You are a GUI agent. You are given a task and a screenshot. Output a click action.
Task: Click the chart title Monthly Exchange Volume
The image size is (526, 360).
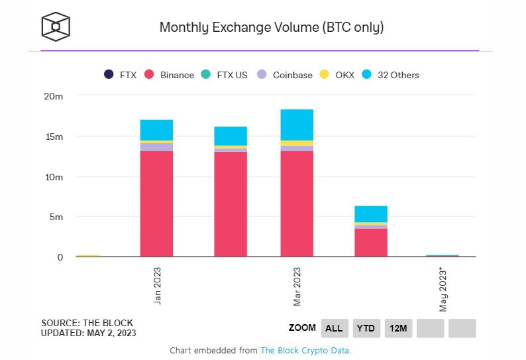click(x=272, y=28)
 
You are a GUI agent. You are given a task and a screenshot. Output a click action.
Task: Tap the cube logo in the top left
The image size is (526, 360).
click(x=56, y=27)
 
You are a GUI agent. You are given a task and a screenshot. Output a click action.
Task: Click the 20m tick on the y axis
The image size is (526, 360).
click(x=54, y=96)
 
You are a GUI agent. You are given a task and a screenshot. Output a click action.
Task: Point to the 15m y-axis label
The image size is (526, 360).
click(x=54, y=137)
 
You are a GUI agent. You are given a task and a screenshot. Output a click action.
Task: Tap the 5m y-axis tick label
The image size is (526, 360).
click(x=56, y=217)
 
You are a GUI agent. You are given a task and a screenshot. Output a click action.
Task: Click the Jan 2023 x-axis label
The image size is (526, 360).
click(x=157, y=285)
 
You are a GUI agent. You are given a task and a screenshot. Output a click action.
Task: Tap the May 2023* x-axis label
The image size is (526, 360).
click(x=443, y=289)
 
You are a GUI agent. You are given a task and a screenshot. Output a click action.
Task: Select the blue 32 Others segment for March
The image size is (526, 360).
click(x=297, y=125)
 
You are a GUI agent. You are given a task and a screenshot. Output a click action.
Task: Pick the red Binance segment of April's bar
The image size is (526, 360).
click(x=371, y=243)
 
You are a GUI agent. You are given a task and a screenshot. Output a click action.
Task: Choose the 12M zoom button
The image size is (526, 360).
click(x=398, y=328)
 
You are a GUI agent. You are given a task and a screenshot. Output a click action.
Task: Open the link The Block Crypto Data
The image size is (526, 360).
click(x=304, y=350)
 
